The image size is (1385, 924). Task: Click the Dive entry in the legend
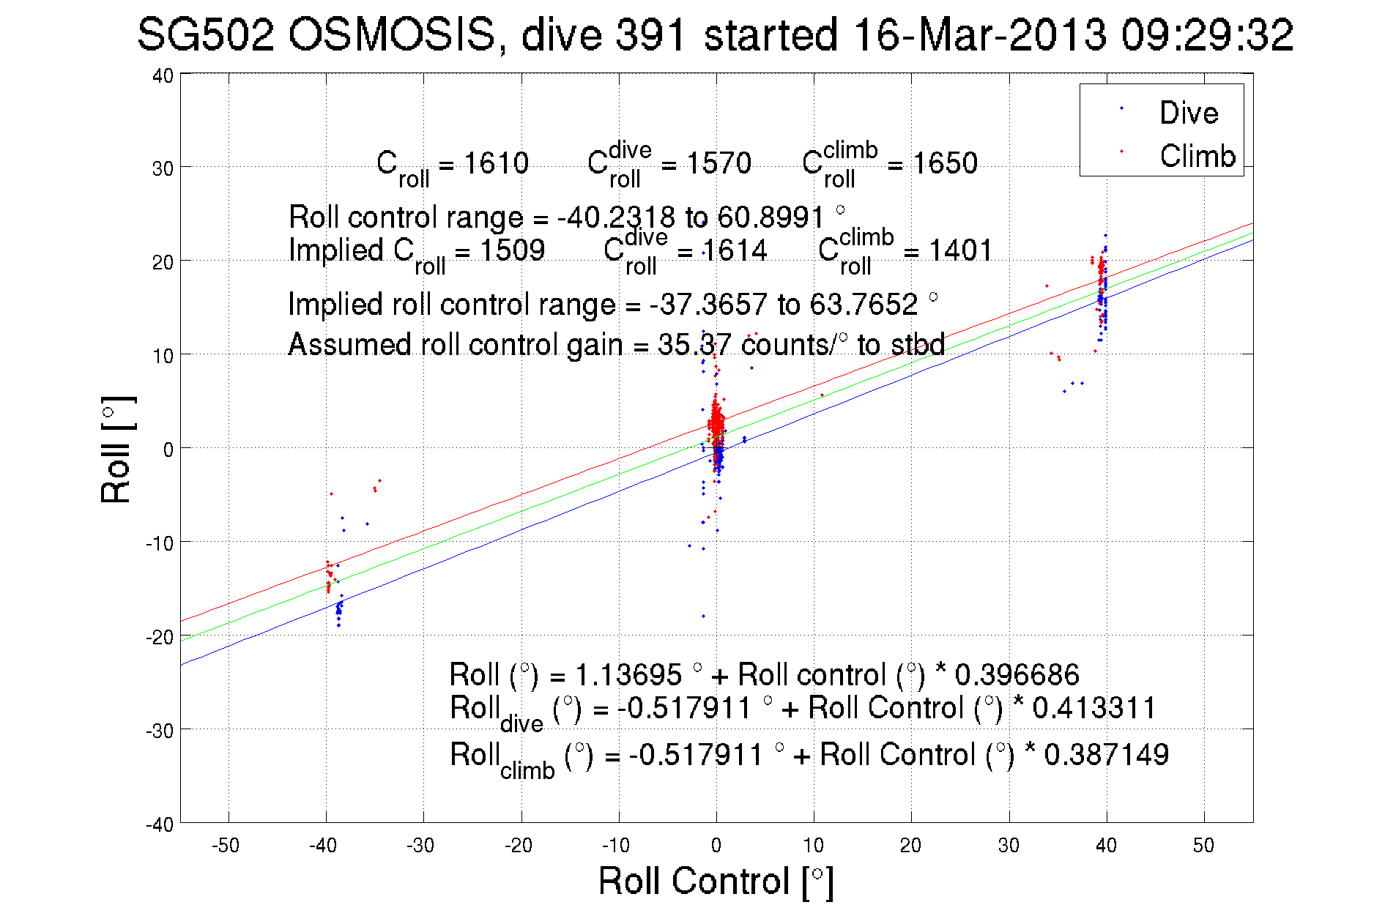click(x=1188, y=113)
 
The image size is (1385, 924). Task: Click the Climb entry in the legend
click(x=1197, y=156)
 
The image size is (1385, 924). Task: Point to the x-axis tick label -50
click(x=226, y=846)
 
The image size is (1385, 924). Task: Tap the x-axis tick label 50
click(x=1203, y=846)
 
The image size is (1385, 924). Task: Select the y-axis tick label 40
click(x=163, y=75)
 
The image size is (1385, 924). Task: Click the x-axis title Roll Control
click(x=716, y=881)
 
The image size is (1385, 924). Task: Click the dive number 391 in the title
click(x=651, y=34)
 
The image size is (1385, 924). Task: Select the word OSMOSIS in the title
click(x=393, y=34)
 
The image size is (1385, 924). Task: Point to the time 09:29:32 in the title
click(x=1207, y=34)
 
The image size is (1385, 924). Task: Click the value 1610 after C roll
click(x=496, y=163)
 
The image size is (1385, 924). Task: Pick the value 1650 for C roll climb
click(x=945, y=163)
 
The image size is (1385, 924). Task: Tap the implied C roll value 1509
click(x=512, y=250)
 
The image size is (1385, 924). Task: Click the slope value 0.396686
click(x=1017, y=674)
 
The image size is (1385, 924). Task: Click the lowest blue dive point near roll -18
click(x=704, y=616)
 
